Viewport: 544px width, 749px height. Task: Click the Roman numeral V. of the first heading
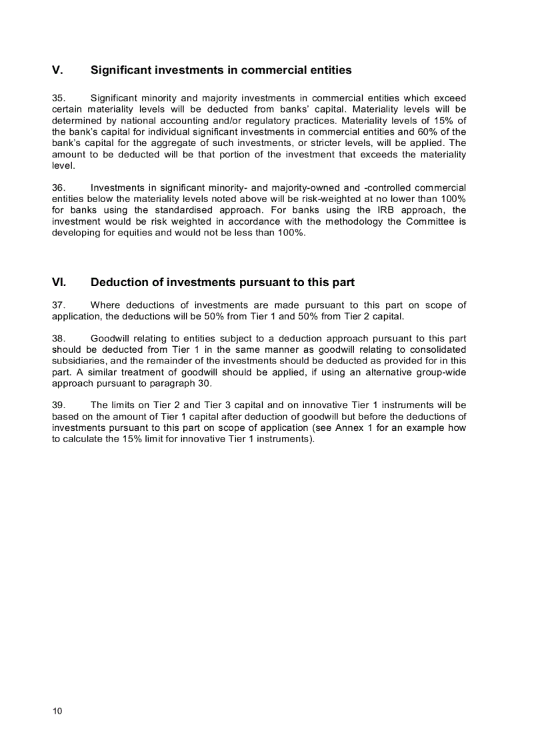click(x=57, y=70)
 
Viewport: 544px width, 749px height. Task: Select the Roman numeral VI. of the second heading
click(x=59, y=282)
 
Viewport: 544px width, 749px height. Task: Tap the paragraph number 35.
click(x=59, y=98)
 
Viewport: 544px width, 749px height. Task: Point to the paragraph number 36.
click(x=59, y=187)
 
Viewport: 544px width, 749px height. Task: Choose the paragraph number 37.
click(x=59, y=305)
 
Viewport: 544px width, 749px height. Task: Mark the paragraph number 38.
click(x=59, y=338)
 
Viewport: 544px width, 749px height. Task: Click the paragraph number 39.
click(x=59, y=405)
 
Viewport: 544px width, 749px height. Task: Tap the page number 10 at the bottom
click(x=57, y=711)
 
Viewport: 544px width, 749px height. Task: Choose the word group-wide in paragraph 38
click(x=442, y=372)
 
